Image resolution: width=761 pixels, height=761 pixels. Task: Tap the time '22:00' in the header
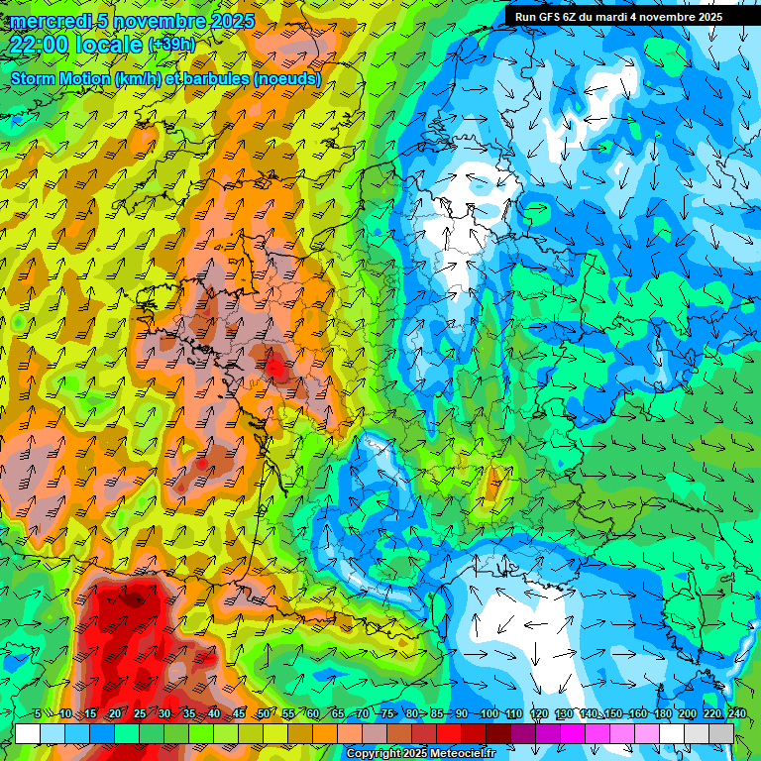(40, 45)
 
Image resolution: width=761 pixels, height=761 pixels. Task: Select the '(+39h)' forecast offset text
(171, 45)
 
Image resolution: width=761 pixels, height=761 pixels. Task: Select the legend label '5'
(37, 714)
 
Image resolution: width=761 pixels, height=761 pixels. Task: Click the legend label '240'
(736, 714)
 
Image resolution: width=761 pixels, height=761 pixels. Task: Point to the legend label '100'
(489, 714)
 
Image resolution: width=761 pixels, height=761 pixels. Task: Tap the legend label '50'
(263, 714)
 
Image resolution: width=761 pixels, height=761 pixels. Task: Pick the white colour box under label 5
(28, 733)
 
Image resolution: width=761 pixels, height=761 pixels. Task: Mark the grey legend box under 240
(721, 733)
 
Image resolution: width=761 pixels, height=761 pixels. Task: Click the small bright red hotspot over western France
(276, 370)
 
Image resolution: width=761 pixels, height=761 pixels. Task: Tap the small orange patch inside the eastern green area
(491, 485)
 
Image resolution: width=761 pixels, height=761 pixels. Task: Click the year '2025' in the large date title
(232, 21)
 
